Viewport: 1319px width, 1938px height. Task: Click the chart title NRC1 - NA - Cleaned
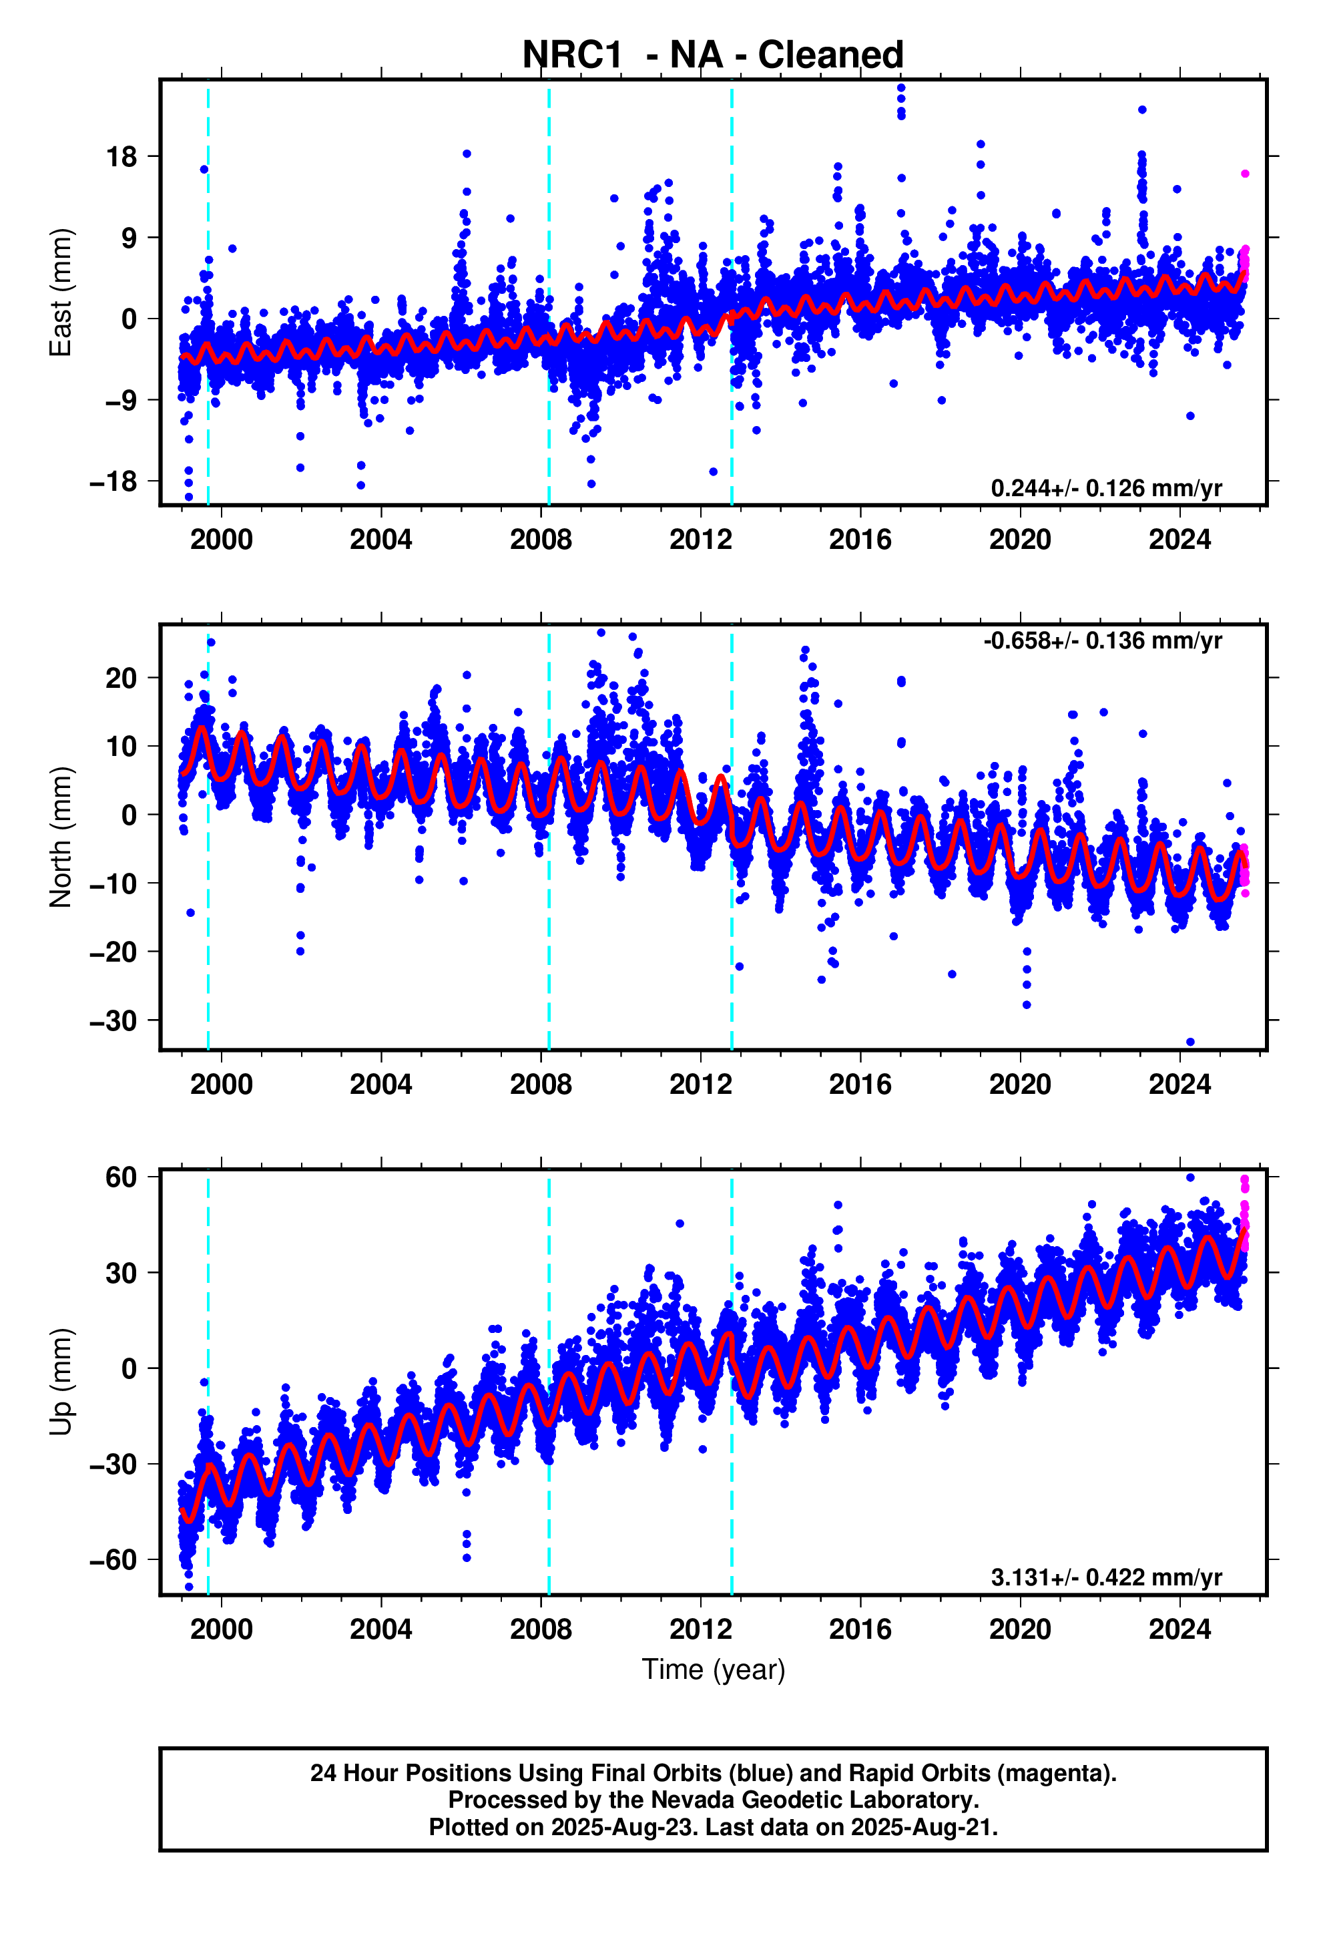point(713,55)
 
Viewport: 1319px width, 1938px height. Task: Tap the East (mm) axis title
point(61,293)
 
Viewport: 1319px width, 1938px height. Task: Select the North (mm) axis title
point(61,836)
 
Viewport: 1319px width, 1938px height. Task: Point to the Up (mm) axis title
point(61,1382)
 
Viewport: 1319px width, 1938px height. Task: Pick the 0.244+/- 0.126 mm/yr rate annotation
point(1106,488)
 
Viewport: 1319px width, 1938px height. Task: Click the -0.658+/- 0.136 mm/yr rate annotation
point(1103,640)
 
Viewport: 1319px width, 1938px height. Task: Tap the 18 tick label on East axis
point(121,156)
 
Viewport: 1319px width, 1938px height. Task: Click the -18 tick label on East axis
point(113,481)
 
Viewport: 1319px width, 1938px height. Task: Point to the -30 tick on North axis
point(113,1020)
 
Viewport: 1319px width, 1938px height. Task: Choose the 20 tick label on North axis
point(121,678)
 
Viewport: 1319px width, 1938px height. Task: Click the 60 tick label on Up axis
point(121,1177)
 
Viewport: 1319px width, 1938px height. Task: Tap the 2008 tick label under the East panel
point(541,540)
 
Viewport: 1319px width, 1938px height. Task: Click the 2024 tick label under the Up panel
point(1179,1629)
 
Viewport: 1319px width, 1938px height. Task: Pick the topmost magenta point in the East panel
point(1245,174)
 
